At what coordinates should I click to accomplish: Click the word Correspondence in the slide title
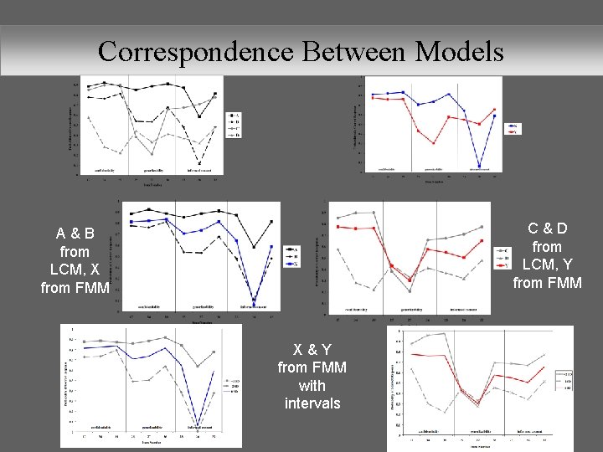coord(195,52)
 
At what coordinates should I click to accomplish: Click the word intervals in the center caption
coord(312,403)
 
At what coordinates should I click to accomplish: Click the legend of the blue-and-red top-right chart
coord(514,128)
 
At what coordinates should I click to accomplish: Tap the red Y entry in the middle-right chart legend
coord(502,265)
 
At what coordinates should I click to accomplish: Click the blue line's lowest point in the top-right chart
coord(479,166)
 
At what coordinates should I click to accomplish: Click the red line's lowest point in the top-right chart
coord(434,143)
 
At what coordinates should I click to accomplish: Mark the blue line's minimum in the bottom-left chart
coord(198,423)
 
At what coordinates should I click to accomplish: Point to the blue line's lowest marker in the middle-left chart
coord(254,299)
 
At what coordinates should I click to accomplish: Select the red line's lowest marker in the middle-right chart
coord(410,280)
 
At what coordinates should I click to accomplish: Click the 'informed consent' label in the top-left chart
coord(205,170)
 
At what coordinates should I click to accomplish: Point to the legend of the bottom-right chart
coord(568,379)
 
